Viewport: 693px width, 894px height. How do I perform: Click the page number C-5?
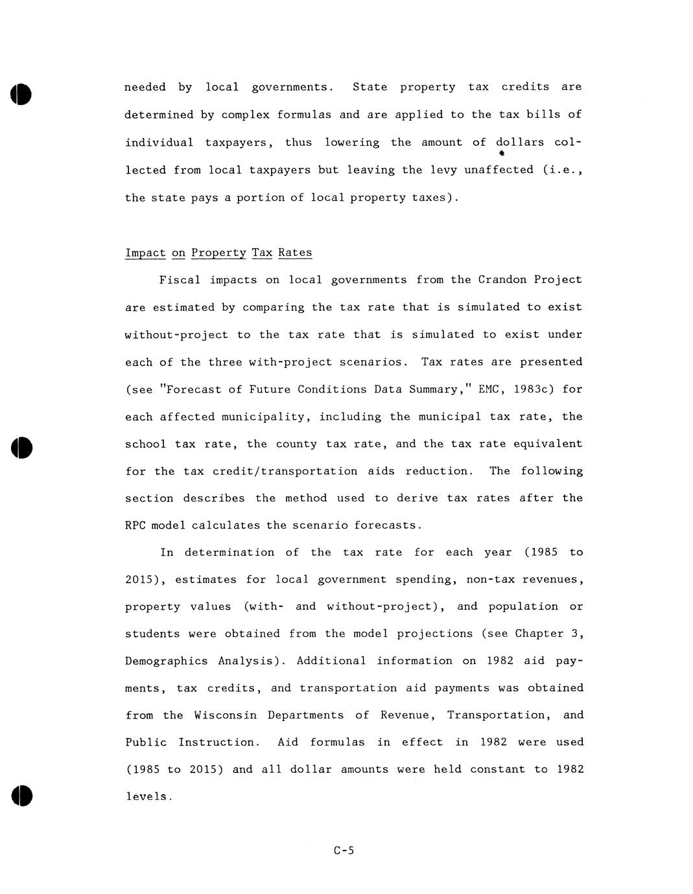[344, 851]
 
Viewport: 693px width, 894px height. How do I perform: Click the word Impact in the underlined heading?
[145, 253]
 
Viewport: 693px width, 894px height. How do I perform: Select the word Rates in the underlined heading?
[295, 253]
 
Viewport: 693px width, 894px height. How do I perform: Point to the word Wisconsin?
[225, 715]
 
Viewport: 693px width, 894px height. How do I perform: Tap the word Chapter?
[537, 634]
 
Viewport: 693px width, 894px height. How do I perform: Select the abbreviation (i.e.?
[563, 170]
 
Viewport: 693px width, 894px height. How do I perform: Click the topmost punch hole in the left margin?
[21, 95]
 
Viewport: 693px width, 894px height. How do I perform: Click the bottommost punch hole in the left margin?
[21, 795]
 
